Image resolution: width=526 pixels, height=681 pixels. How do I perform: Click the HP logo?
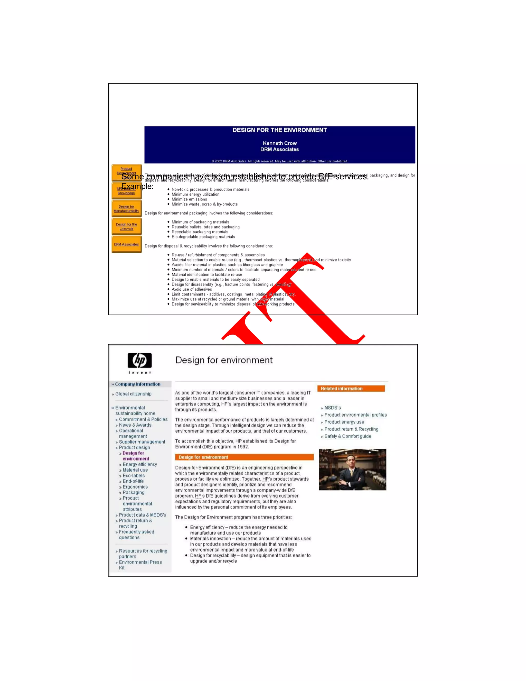140,361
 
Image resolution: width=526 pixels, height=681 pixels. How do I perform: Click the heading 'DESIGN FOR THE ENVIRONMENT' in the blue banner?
279,130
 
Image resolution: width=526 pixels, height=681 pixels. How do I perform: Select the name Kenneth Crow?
279,143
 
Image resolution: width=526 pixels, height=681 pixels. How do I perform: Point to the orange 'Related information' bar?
351,389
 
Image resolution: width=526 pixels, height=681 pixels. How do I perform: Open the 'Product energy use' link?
344,422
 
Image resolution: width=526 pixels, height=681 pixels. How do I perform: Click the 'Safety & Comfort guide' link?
347,436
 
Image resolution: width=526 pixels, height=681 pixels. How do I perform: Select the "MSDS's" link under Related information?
333,408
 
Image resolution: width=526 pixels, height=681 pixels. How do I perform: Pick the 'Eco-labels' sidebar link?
134,475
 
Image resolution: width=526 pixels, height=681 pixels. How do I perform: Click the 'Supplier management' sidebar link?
142,442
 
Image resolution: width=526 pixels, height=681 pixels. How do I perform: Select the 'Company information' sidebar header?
138,384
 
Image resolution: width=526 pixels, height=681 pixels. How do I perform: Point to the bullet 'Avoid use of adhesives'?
192,289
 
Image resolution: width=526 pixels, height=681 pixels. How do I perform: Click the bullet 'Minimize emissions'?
189,199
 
